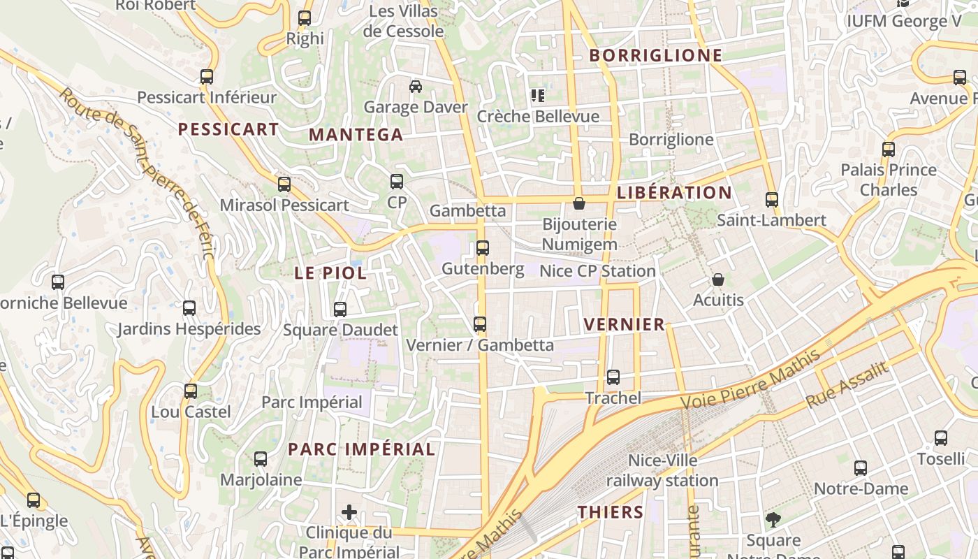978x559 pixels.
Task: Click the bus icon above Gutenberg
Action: coord(482,247)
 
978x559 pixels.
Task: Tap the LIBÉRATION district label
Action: coord(674,193)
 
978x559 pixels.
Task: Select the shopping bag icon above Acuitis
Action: coord(717,279)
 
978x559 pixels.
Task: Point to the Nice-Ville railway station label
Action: coord(662,470)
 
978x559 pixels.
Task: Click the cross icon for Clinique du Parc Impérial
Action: coord(349,512)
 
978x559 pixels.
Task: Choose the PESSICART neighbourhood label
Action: coord(228,129)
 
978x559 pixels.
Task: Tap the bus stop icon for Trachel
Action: coord(613,377)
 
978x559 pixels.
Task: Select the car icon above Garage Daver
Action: coord(416,87)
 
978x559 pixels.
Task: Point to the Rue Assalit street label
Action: coord(846,386)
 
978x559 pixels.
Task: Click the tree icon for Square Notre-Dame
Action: coord(773,520)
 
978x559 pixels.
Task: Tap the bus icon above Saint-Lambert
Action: coord(771,200)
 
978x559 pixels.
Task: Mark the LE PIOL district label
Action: coord(330,273)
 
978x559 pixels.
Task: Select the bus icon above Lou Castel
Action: coord(191,391)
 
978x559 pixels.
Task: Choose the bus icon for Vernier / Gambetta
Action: coord(479,324)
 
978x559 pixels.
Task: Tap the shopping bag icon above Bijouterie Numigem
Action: coord(579,203)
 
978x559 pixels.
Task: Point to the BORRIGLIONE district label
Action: coord(655,56)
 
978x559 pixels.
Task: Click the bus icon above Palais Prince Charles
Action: coord(888,150)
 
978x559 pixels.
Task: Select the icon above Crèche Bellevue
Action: coord(537,96)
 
